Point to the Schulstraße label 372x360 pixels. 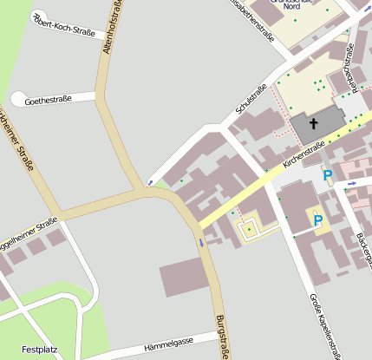[x=251, y=100]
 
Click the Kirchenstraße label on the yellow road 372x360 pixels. [x=303, y=154]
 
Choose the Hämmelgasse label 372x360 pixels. [x=171, y=343]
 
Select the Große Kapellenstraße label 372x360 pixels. [x=324, y=325]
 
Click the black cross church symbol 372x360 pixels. [x=314, y=124]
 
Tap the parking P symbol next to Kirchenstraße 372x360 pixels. [x=327, y=176]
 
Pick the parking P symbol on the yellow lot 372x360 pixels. [x=317, y=220]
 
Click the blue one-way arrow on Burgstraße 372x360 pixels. [x=201, y=243]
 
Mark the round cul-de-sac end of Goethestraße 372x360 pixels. [x=18, y=100]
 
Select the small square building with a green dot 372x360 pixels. [x=250, y=229]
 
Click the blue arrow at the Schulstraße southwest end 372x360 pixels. [x=149, y=183]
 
